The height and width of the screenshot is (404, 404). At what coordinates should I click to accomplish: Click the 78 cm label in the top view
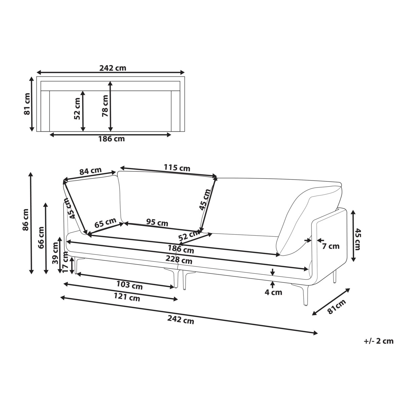[x=105, y=106]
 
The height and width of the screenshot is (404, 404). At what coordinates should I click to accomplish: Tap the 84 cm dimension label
[x=90, y=171]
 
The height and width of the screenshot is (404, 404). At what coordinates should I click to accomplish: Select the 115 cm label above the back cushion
[x=177, y=168]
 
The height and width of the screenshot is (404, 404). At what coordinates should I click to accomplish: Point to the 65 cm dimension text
[x=105, y=223]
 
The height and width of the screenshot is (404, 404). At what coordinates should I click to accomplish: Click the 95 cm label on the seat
[x=157, y=223]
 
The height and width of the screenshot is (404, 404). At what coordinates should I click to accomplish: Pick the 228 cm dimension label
[x=179, y=260]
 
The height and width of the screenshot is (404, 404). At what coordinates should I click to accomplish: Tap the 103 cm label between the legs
[x=130, y=285]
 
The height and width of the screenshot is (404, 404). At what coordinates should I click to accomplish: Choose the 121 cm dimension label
[x=127, y=297]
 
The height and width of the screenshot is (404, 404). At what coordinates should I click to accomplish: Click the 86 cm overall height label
[x=26, y=220]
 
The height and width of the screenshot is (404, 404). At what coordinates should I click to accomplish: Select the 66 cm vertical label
[x=41, y=238]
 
